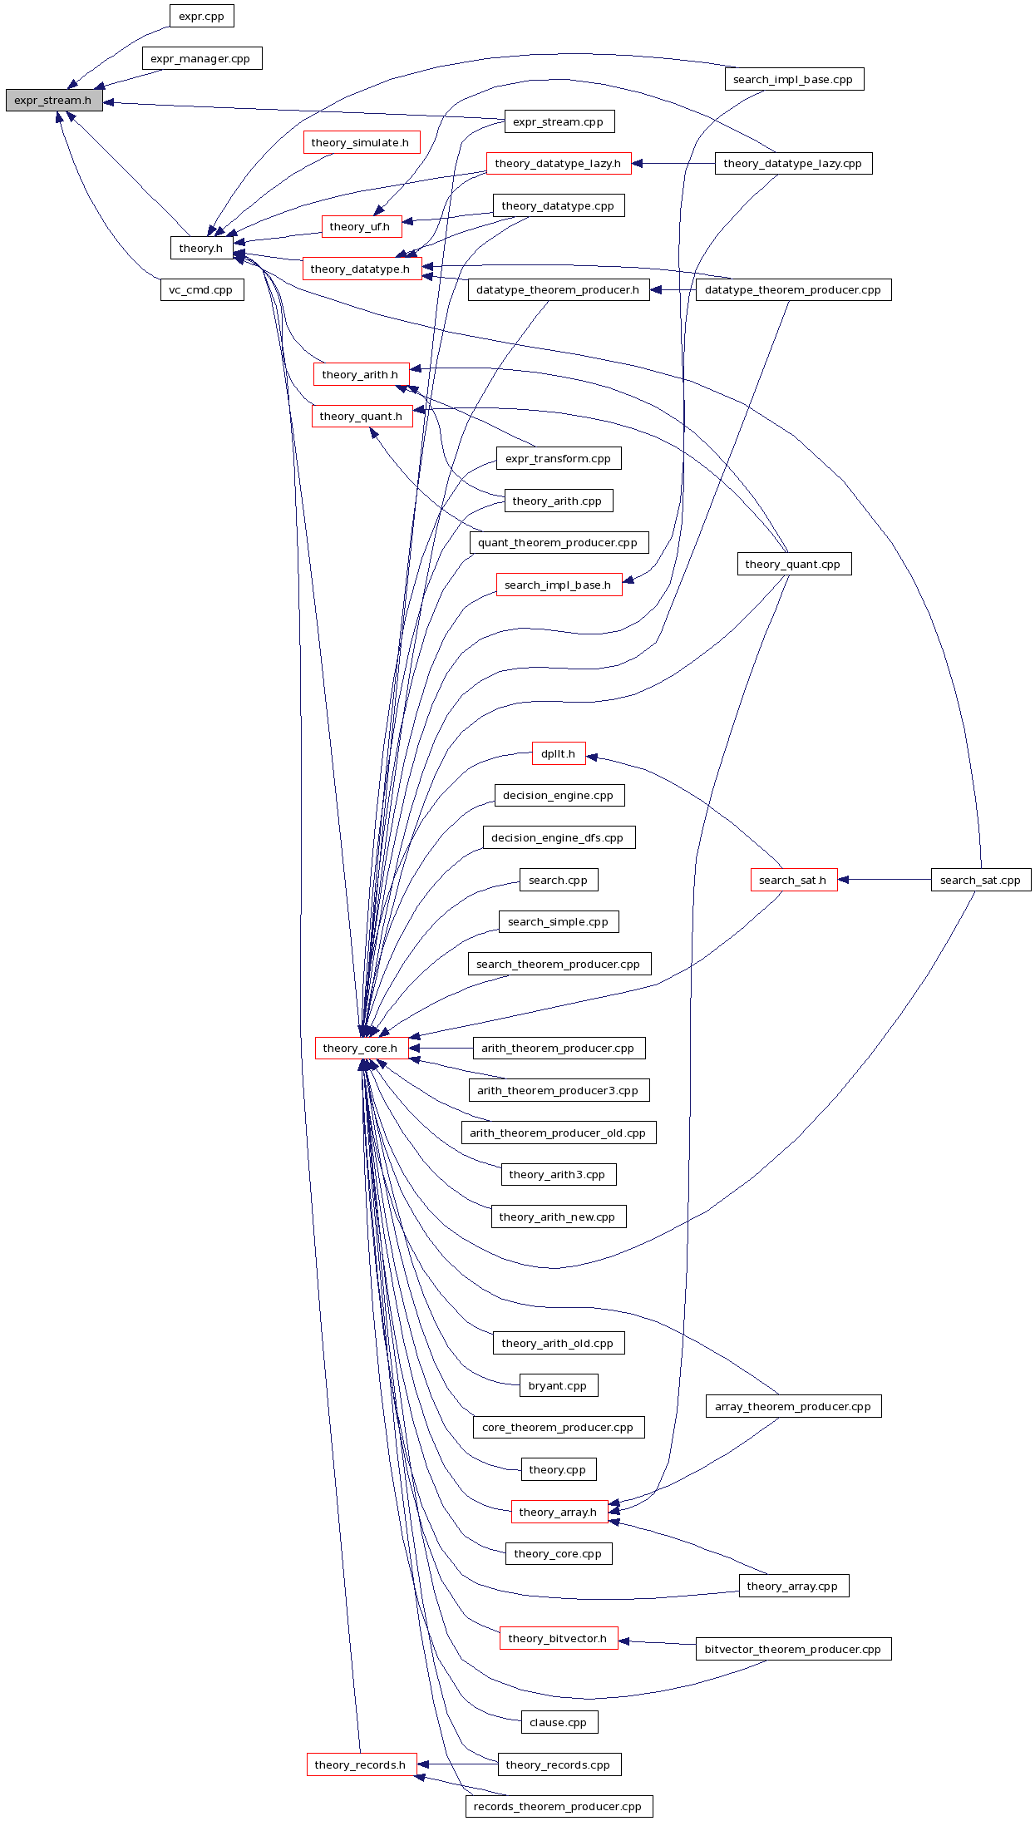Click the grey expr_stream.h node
pos(54,101)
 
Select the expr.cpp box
pos(201,16)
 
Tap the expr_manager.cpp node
pos(201,58)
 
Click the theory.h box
pos(201,248)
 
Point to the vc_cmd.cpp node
pos(201,290)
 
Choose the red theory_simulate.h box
pos(361,142)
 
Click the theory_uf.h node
pos(361,226)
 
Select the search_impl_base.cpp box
pos(793,79)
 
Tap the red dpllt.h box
pos(558,753)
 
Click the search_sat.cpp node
pos(980,880)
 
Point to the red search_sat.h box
pos(793,880)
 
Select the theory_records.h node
pos(361,1764)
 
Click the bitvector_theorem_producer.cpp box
pos(793,1649)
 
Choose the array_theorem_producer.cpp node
pos(793,1406)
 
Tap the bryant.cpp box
pos(558,1385)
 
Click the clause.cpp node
pos(559,1722)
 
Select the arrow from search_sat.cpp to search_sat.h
pos(885,880)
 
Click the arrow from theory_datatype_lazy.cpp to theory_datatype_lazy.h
pos(673,164)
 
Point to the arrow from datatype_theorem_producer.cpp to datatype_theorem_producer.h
pos(673,290)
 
